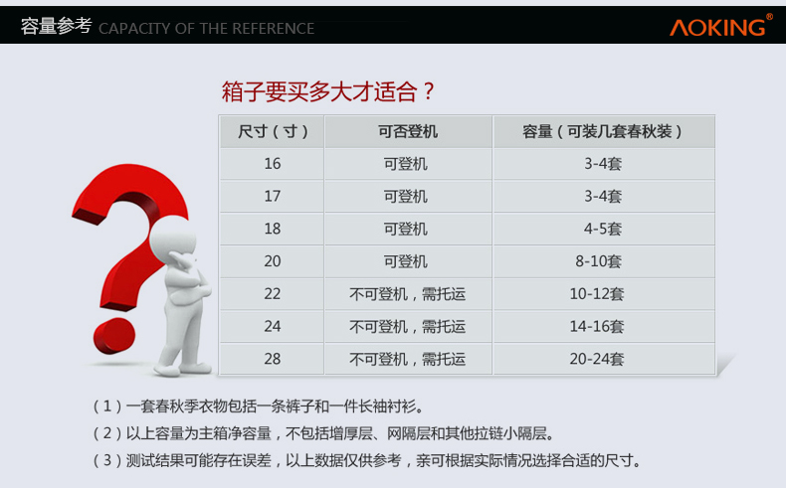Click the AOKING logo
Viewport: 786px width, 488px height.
click(x=721, y=26)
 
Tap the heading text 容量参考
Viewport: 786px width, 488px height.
click(x=56, y=26)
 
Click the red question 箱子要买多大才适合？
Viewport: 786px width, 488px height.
click(x=328, y=91)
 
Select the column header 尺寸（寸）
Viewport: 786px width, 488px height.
click(x=273, y=131)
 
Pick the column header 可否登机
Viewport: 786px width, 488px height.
click(x=408, y=131)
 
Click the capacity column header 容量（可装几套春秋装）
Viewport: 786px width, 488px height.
click(x=603, y=131)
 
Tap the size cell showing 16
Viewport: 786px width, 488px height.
click(x=273, y=164)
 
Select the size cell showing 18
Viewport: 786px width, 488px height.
click(x=273, y=229)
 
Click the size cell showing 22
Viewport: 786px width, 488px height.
click(x=273, y=294)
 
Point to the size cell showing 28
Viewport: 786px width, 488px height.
click(x=273, y=359)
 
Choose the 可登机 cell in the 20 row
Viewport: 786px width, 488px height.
click(x=406, y=261)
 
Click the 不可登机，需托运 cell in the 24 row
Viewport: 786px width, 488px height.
click(x=408, y=326)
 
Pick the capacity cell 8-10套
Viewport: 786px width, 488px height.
click(x=599, y=261)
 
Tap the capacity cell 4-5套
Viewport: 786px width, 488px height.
click(x=603, y=229)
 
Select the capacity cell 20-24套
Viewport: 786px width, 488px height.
click(x=597, y=359)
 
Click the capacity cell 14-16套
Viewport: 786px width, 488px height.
click(x=597, y=326)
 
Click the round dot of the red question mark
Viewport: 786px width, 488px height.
click(x=114, y=335)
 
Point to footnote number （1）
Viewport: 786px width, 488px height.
click(x=107, y=406)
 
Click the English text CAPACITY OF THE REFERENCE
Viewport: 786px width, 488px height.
click(x=207, y=29)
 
